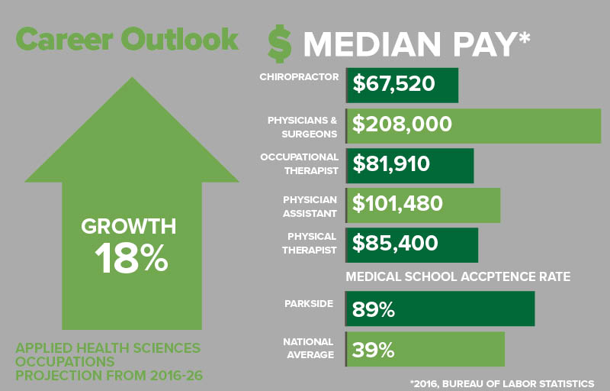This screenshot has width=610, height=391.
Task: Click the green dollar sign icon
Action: (279, 44)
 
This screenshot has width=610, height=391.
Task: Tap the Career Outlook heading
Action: (127, 39)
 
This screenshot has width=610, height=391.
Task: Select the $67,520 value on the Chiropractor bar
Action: (393, 84)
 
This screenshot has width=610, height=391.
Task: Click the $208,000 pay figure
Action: (402, 124)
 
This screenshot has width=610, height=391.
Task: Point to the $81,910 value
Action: (391, 163)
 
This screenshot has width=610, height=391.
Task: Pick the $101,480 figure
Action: (397, 204)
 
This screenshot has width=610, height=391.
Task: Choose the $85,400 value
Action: (395, 243)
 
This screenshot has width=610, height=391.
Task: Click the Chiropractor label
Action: (299, 76)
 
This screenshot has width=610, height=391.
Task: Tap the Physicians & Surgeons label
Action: (302, 128)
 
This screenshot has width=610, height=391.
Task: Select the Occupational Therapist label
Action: (299, 164)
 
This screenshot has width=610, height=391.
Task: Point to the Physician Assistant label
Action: (310, 206)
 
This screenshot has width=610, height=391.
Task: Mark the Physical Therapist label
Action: (310, 243)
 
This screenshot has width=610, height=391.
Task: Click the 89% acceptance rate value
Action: (374, 309)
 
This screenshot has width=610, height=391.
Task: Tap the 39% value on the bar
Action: (373, 350)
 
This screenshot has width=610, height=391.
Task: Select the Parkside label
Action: (309, 304)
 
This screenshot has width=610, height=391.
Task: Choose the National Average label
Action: (309, 348)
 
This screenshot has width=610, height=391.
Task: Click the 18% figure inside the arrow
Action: (131, 258)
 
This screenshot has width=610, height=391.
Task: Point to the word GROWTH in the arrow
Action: (129, 226)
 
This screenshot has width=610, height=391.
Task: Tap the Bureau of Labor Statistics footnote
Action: (502, 383)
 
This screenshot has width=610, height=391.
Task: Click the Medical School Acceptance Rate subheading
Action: (458, 277)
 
